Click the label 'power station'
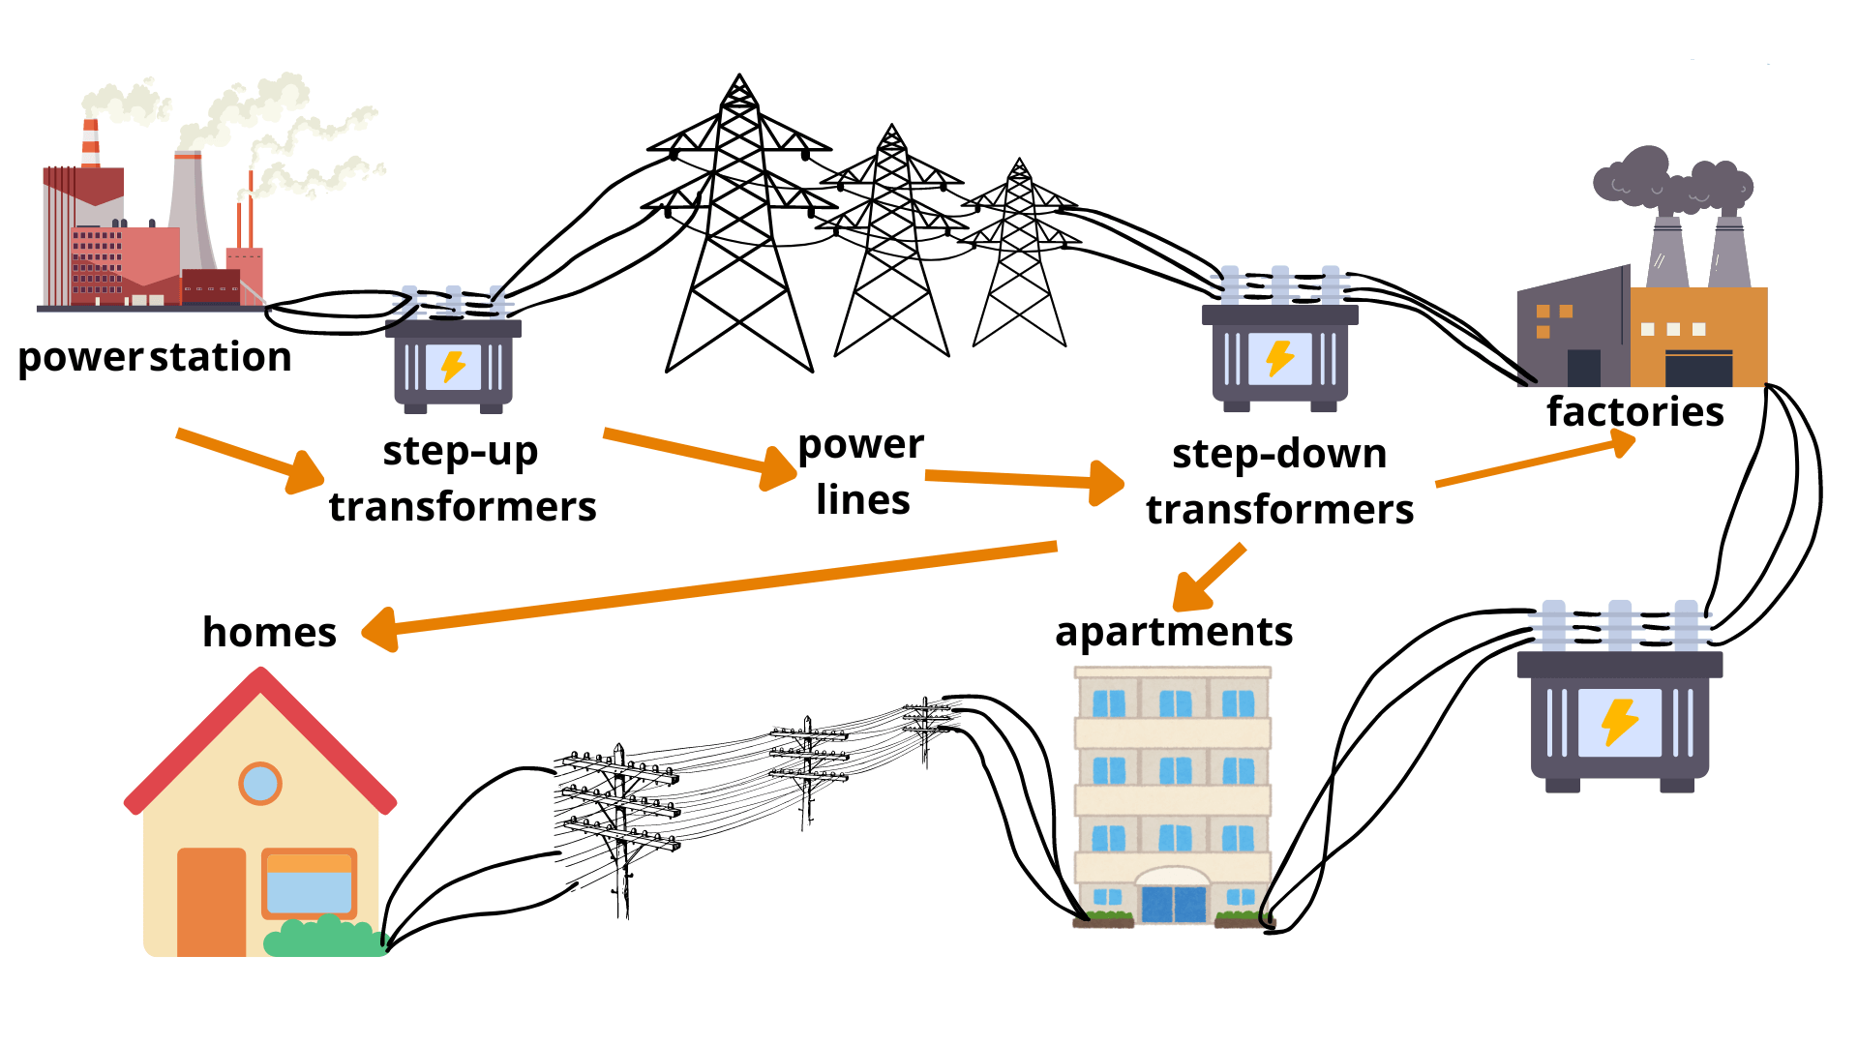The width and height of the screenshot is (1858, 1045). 155,358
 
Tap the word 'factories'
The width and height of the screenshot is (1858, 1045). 1634,412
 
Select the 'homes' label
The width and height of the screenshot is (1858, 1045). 269,633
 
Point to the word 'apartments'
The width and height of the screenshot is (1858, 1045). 1174,632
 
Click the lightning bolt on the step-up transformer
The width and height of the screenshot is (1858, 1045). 453,367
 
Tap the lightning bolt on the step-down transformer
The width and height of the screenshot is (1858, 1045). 1279,358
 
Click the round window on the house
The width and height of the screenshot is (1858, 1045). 259,783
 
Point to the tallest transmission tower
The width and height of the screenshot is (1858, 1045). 739,232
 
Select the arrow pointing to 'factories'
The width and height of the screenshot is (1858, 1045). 1539,463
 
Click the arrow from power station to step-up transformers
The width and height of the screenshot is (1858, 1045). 252,459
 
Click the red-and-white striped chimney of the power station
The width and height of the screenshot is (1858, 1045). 91,143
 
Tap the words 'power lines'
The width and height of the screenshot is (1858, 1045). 861,472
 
